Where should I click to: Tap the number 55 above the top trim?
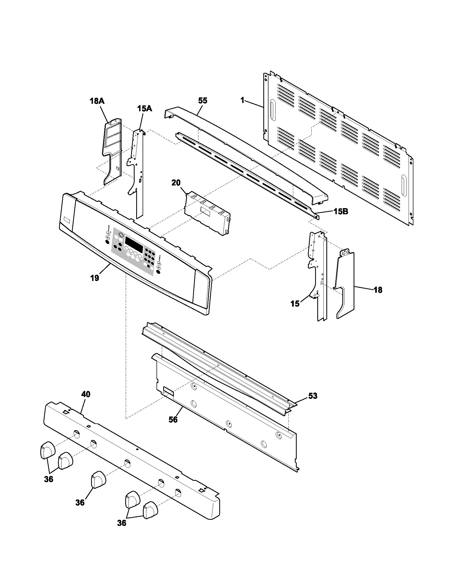point(203,101)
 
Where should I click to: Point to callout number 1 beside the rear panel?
point(242,101)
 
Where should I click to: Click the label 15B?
point(341,212)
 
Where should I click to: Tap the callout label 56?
point(173,419)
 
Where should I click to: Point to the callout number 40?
point(86,394)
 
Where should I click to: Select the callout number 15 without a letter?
point(295,304)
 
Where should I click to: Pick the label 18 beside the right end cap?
point(378,290)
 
